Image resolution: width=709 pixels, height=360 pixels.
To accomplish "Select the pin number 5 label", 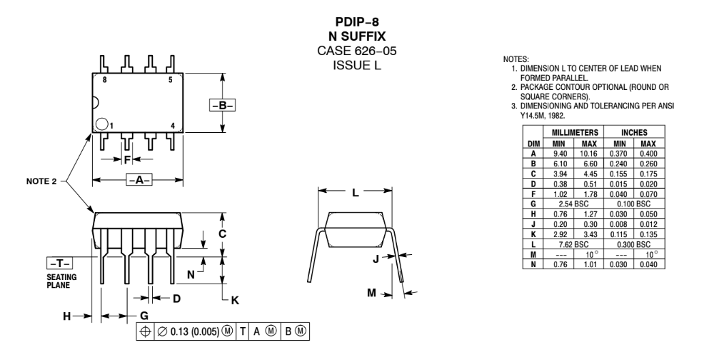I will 170,80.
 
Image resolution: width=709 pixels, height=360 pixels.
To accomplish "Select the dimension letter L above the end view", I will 355,191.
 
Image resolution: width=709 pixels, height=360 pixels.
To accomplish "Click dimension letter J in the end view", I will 376,259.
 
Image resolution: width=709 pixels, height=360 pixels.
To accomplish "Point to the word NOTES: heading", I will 515,58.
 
